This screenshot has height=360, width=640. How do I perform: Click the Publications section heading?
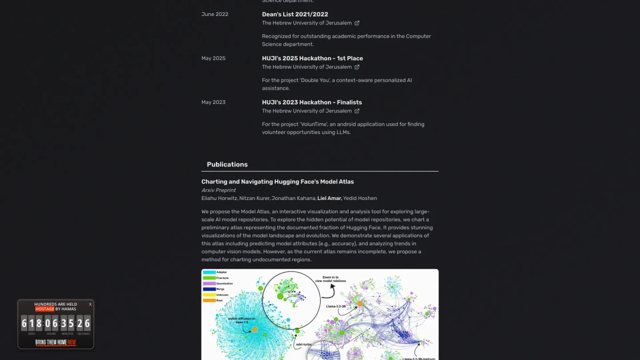click(227, 164)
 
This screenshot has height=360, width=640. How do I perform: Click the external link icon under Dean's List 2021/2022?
click(357, 23)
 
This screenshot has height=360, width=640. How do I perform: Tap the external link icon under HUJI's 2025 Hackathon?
click(357, 67)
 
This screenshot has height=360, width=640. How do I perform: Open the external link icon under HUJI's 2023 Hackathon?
click(357, 111)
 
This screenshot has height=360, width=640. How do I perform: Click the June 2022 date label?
click(215, 14)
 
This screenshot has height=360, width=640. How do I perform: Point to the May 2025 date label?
click(213, 58)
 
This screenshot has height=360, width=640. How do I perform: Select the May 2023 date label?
click(213, 102)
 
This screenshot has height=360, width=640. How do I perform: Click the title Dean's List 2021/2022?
click(295, 14)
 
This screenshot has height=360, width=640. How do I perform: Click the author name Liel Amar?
click(329, 198)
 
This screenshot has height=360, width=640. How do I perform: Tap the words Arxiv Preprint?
click(219, 190)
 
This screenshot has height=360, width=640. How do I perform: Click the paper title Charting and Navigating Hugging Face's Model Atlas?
click(277, 182)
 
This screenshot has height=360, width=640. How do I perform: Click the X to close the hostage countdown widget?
click(90, 304)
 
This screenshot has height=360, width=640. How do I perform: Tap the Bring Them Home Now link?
click(55, 342)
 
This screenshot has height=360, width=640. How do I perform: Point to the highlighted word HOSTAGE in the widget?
click(45, 309)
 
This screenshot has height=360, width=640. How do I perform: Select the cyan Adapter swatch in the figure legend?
click(209, 272)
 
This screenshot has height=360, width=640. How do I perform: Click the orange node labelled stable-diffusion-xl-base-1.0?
click(255, 330)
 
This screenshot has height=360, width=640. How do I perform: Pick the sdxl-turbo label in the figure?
click(304, 344)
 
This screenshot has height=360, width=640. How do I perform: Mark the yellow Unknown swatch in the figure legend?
click(209, 294)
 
